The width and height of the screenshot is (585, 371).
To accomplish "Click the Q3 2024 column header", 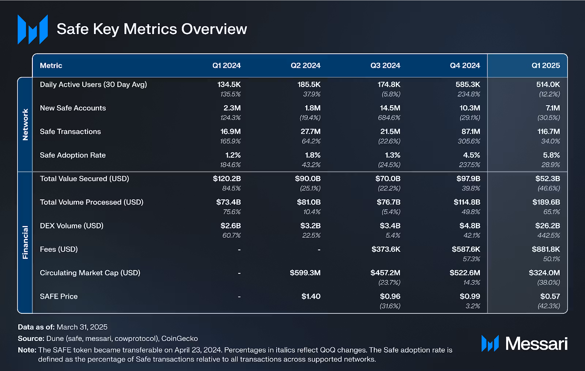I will [x=385, y=66].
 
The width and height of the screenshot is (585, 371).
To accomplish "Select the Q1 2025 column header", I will [x=546, y=66].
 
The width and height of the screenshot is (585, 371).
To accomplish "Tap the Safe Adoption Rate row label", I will [x=73, y=155].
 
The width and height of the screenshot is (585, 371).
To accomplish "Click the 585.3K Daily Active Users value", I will [x=468, y=85].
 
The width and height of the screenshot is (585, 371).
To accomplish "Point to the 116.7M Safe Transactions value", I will [x=548, y=131].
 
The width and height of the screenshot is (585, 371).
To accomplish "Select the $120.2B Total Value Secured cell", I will [x=227, y=179].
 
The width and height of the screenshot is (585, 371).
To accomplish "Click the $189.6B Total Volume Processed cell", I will [x=546, y=202].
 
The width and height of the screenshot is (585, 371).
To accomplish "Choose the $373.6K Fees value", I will [x=386, y=249].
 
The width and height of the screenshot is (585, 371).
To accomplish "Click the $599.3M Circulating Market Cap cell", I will [x=305, y=273].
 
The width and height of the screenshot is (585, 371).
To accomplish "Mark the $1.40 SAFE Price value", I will [x=311, y=296].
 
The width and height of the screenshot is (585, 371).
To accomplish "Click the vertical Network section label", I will [x=25, y=125].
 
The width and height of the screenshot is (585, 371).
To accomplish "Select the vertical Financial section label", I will [x=25, y=242].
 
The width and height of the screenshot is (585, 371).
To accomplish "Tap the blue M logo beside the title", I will [x=33, y=30].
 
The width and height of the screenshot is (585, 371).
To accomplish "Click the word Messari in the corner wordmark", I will [x=536, y=344].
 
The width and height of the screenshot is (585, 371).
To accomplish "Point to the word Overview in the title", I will [x=214, y=29].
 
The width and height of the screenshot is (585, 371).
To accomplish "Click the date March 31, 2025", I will [x=82, y=327].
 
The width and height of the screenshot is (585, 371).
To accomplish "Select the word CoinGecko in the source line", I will [x=180, y=338].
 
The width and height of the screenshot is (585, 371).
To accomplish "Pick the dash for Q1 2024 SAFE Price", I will [x=239, y=296].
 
